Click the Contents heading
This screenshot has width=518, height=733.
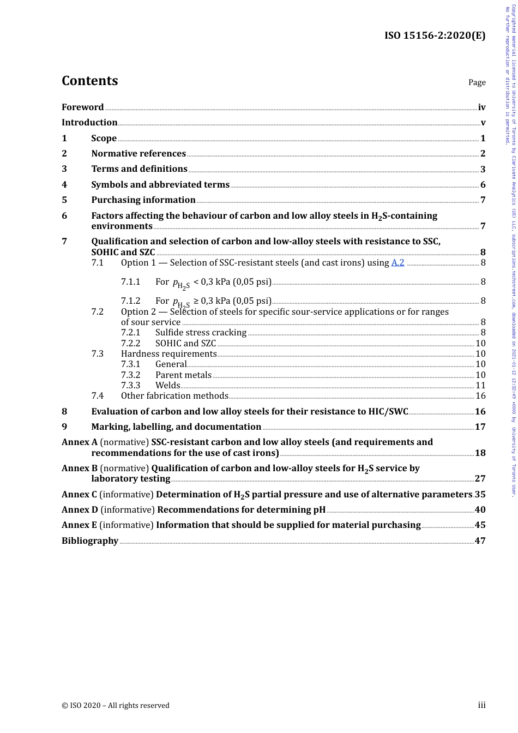click(89, 81)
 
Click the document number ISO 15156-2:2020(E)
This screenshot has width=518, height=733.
click(435, 35)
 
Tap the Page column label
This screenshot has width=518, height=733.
click(477, 82)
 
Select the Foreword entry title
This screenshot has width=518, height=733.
click(82, 107)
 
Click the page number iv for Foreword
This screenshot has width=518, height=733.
click(481, 107)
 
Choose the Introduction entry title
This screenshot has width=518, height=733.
click(89, 122)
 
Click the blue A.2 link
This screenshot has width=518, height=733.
click(397, 263)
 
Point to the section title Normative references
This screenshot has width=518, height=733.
click(138, 154)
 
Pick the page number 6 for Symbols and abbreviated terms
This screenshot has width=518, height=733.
click(483, 185)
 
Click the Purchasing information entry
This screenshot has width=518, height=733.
click(143, 200)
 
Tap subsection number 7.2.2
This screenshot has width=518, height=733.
click(130, 344)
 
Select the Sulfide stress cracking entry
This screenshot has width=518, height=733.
click(201, 333)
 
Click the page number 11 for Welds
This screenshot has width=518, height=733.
click(480, 386)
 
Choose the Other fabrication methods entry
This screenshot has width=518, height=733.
click(174, 396)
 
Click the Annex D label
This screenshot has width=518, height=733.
click(80, 510)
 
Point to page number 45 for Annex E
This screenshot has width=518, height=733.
click(480, 525)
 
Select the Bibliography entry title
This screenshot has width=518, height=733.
click(90, 541)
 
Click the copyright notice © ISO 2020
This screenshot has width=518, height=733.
click(115, 705)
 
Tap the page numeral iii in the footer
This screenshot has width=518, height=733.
click(481, 705)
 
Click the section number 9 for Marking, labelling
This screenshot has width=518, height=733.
click(64, 427)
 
